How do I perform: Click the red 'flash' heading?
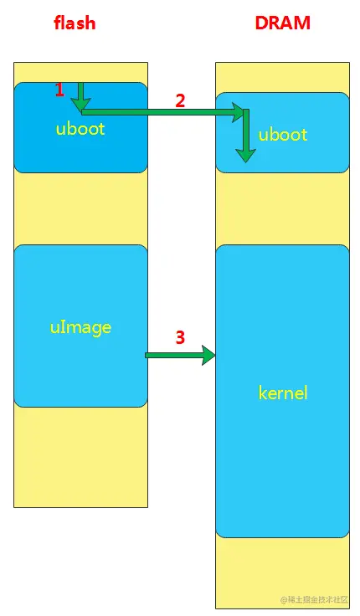tap(75, 23)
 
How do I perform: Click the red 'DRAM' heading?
tap(282, 23)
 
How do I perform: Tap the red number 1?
tap(59, 90)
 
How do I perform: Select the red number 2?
tap(180, 100)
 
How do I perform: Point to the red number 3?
tap(180, 338)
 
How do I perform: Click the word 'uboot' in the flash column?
tap(81, 129)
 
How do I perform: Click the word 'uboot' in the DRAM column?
tap(283, 135)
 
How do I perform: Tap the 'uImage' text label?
tap(80, 326)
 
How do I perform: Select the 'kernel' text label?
tap(283, 392)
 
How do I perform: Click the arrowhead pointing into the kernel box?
tap(208, 356)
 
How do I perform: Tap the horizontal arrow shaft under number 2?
tap(159, 111)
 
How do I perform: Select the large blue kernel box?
tap(282, 469)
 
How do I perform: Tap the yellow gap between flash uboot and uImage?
tap(80, 209)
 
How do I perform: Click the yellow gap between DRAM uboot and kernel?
tap(282, 208)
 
